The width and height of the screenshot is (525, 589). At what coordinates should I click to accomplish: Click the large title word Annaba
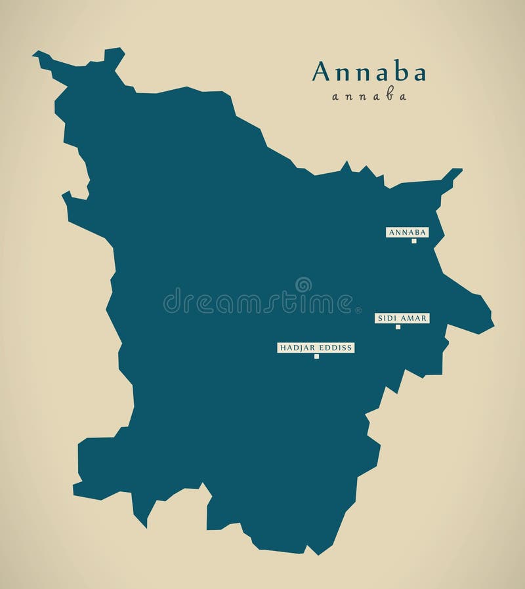tap(369, 72)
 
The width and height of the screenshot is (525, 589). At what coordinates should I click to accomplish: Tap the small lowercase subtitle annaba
tap(369, 96)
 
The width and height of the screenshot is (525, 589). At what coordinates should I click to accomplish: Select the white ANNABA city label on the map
tap(407, 232)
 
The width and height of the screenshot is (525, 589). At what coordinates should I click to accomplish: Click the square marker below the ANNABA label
tap(414, 241)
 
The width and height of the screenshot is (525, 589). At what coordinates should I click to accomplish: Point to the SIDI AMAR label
tap(402, 318)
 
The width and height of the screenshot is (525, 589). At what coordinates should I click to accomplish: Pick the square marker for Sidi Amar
tap(398, 327)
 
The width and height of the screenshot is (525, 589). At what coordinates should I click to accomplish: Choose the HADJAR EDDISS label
tap(316, 348)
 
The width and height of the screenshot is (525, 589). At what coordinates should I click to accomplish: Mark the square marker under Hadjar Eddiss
tap(316, 357)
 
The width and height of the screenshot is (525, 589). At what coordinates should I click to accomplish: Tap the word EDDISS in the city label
tap(336, 348)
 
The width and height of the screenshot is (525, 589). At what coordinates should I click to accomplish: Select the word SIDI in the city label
tap(386, 318)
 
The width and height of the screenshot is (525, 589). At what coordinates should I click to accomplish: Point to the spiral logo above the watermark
tap(303, 285)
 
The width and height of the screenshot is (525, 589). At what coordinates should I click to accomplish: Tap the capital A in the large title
tap(321, 72)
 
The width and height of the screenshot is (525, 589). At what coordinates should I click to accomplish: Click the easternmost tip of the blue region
tap(493, 323)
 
